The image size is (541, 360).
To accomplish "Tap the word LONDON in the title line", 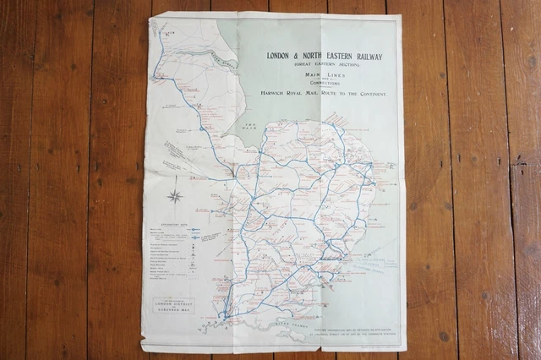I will (281, 57).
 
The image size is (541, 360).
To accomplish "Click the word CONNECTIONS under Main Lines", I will (324, 85).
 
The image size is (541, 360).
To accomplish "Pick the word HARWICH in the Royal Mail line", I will (279, 94).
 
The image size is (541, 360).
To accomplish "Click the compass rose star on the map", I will (176, 197).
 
